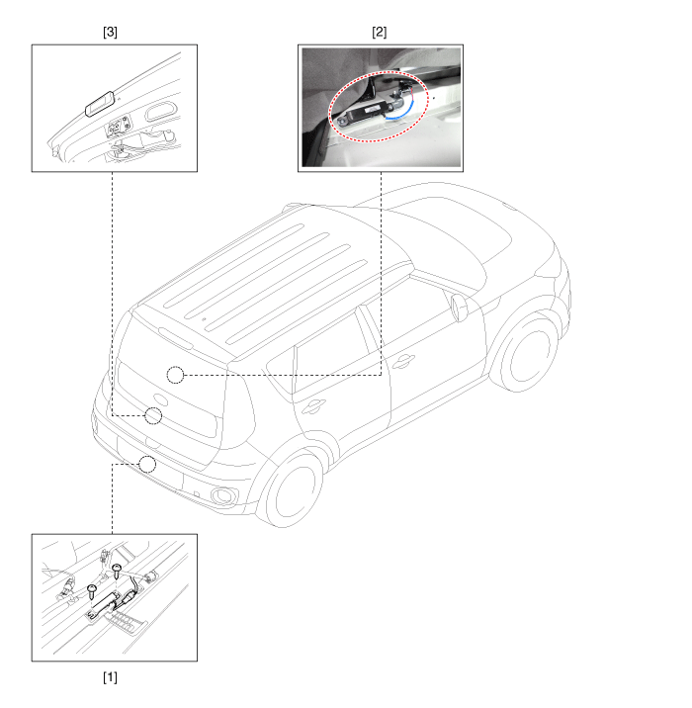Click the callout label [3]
coord(110,32)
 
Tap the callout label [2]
coord(380,32)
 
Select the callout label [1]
coord(110,677)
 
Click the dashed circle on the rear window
coord(176,375)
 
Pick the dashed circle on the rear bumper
coord(147,464)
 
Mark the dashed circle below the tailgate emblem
coord(153,416)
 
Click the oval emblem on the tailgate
coord(160,399)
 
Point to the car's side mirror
coord(459,308)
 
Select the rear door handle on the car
coord(313,406)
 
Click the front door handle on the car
coord(403,361)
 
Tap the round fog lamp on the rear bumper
coord(222,495)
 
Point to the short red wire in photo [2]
coord(412,94)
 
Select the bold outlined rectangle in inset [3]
coord(100,104)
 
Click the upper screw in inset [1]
coord(117,571)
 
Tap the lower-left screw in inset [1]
coord(92,589)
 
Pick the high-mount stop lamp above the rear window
coord(176,338)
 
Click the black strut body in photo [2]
coord(365,113)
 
